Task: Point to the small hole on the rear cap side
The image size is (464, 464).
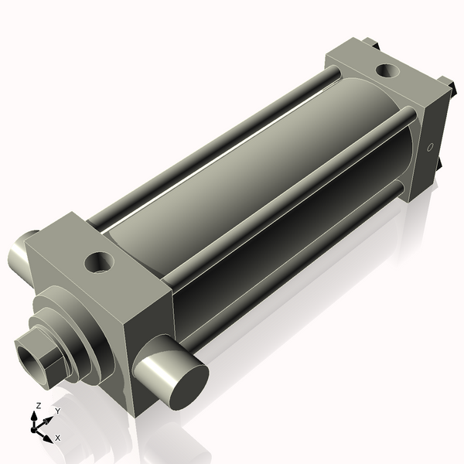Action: pos(429,146)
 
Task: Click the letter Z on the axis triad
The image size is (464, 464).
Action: pos(39,405)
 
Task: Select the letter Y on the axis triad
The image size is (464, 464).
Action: pos(57,411)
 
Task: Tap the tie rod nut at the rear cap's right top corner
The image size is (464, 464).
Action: pos(446,81)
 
